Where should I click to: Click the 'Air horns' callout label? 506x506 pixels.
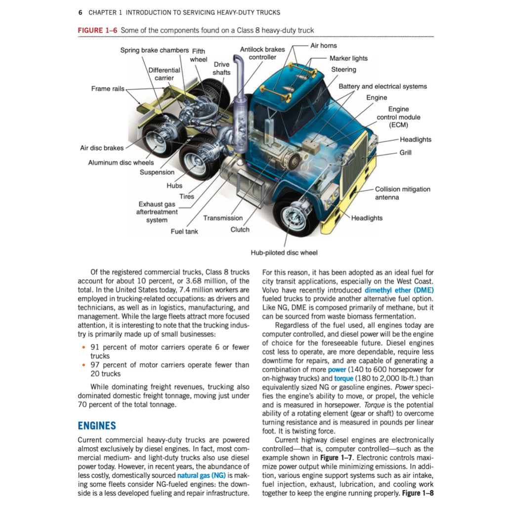click(323, 45)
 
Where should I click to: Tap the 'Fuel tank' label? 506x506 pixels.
click(184, 231)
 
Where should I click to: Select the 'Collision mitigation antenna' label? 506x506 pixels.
click(402, 193)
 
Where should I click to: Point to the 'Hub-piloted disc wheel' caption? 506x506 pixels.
click(284, 253)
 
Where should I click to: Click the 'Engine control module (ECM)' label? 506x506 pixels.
click(398, 117)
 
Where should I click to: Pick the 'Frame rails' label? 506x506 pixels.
click(108, 88)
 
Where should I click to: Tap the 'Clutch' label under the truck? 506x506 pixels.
click(240, 229)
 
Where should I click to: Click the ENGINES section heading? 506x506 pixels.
click(97, 425)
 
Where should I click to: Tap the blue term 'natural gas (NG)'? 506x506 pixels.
click(201, 475)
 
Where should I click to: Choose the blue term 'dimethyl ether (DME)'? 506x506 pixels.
click(399, 290)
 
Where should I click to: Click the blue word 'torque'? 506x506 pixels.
click(344, 379)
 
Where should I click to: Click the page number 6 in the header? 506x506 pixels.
click(80, 12)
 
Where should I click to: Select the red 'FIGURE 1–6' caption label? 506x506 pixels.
click(97, 30)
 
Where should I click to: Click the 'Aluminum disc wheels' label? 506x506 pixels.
click(121, 162)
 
